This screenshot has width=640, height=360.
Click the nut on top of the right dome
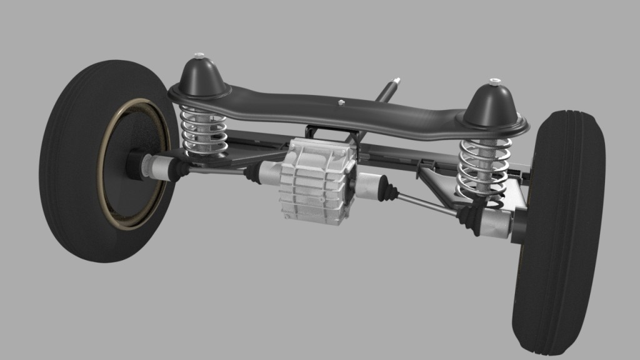[x=494, y=81]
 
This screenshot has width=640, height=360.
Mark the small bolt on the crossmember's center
[x=341, y=102]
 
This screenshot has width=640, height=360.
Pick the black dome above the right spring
[x=493, y=103]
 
